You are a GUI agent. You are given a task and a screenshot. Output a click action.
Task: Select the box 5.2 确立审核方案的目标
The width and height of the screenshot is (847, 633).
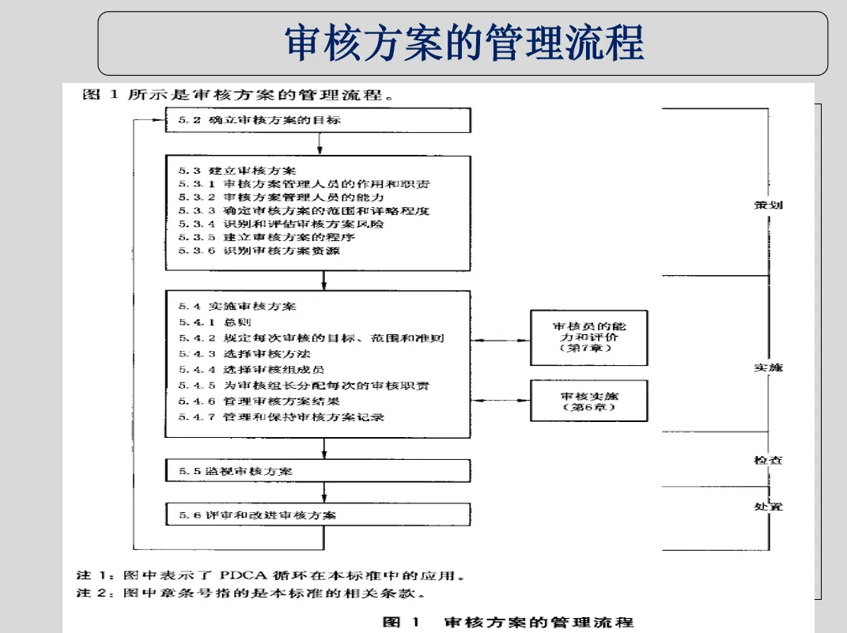point(318,120)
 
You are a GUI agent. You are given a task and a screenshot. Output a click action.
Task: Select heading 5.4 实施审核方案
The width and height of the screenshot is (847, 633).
point(237,306)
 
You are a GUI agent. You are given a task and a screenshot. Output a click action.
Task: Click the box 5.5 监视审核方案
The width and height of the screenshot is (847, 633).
point(318,471)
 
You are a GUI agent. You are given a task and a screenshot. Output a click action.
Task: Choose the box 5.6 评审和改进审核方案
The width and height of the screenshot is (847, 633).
point(318,515)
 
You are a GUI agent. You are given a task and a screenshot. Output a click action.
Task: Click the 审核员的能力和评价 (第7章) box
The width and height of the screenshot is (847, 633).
point(588,337)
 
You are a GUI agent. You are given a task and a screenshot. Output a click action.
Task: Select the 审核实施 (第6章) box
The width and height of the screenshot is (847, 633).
point(588,401)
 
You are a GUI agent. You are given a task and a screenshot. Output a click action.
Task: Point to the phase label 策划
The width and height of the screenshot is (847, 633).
point(768,205)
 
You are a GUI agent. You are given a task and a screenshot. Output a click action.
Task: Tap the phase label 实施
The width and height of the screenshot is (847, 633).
point(768,368)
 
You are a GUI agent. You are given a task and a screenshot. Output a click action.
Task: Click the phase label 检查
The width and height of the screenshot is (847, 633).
point(768,460)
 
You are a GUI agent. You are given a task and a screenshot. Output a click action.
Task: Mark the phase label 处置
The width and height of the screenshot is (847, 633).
point(768,507)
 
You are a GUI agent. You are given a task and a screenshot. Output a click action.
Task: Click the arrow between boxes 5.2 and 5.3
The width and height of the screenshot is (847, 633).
point(319,144)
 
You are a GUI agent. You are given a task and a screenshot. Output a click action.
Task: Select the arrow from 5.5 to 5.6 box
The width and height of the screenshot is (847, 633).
point(324,492)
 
